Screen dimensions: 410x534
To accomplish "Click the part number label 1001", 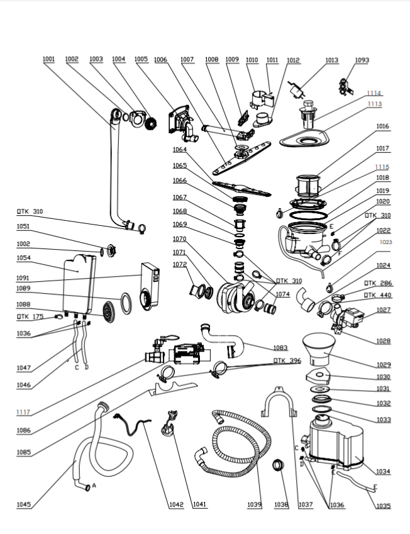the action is (x=48, y=59).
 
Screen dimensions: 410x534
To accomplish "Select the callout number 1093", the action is (x=362, y=60).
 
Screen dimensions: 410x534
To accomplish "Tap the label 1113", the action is (x=375, y=104).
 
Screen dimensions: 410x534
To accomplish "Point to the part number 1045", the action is (x=23, y=504).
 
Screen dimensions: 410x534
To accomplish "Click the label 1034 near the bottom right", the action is (x=383, y=472).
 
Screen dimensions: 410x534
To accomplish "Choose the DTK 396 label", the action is (x=287, y=360).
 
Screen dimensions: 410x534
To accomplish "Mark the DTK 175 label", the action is (x=30, y=317).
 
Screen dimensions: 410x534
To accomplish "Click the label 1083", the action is (x=280, y=348).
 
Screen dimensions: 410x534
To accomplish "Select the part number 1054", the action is (x=23, y=258).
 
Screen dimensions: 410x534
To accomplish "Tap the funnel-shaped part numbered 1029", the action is (x=319, y=348).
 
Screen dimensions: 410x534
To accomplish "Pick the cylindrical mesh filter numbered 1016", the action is (x=308, y=186).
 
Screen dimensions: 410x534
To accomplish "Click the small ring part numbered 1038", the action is (x=278, y=465).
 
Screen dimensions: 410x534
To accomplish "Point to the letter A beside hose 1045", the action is (x=94, y=486).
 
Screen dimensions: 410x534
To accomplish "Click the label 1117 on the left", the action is (x=23, y=412).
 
